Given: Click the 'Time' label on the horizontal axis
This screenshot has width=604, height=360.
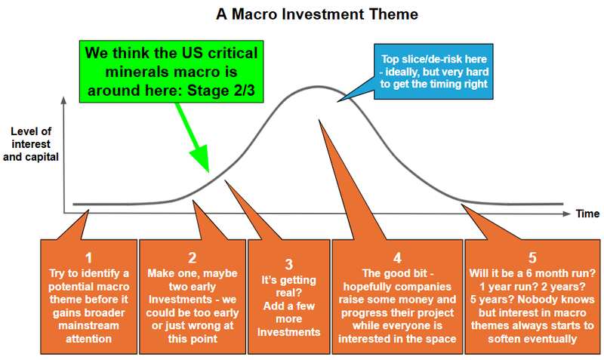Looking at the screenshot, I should [587, 214].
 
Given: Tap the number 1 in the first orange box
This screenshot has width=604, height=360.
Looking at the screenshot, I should [88, 255].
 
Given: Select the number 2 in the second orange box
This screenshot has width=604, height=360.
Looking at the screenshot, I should [193, 255].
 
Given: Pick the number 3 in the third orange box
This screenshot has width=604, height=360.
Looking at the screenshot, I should [288, 264].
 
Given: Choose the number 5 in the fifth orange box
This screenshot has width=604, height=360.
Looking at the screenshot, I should [532, 255].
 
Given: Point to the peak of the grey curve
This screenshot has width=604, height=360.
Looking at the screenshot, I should [305, 88].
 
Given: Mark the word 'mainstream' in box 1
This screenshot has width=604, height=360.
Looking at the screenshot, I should [88, 327].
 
